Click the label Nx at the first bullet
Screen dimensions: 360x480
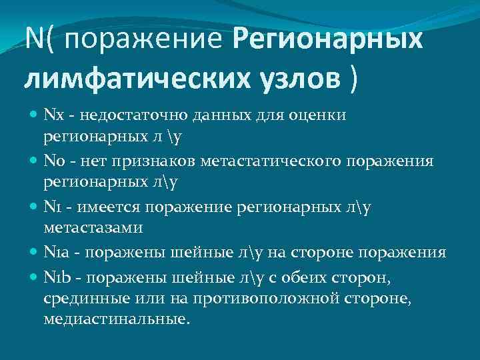(x=52, y=117)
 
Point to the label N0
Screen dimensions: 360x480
(x=53, y=161)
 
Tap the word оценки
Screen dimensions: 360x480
(x=317, y=117)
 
